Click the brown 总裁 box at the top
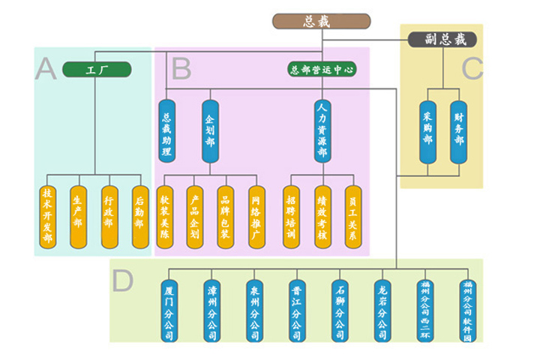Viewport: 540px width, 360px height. [x=321, y=21]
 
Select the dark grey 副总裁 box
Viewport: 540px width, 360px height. [x=442, y=39]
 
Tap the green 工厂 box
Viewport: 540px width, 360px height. [x=97, y=70]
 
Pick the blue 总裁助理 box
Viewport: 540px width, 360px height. [x=166, y=132]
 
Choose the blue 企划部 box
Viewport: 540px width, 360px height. [x=210, y=132]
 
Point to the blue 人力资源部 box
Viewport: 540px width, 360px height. [x=322, y=132]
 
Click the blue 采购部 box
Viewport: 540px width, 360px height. [x=427, y=132]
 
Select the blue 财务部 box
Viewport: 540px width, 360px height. [x=458, y=132]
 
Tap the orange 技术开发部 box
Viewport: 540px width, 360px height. [x=48, y=217]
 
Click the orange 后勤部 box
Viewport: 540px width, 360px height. [x=139, y=217]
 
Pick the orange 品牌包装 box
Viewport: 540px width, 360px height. [x=225, y=217]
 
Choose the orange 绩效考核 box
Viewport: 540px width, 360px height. [x=322, y=217]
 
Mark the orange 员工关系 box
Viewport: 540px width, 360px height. [x=352, y=217]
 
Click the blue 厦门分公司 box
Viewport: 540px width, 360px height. [x=169, y=310]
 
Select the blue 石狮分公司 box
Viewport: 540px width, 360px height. [x=340, y=310]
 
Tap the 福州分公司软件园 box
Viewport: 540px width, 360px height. [x=468, y=310]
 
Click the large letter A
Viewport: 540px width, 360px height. [x=46, y=69]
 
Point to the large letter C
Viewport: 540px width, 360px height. [x=472, y=68]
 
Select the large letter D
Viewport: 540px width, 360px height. [x=122, y=280]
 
